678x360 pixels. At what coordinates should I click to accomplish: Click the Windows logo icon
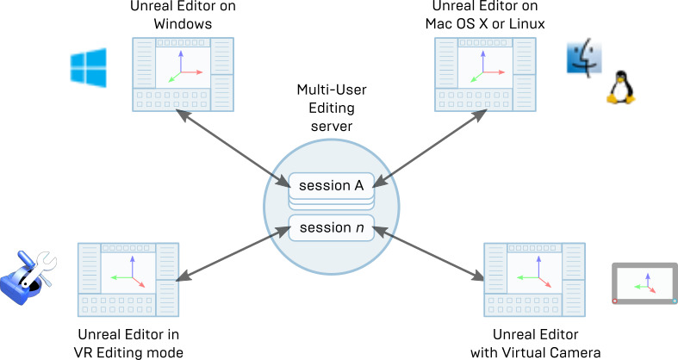coord(89,66)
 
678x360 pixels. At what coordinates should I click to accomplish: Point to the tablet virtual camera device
coord(644,283)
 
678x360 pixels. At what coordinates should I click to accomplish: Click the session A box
coord(331,184)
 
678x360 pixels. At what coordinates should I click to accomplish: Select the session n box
coord(331,228)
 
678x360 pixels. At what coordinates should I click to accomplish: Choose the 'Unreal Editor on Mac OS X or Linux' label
coord(486,16)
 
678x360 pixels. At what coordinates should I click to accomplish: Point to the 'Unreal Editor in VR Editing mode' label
coord(130,342)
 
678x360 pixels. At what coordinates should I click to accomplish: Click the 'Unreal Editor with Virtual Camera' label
coord(535,342)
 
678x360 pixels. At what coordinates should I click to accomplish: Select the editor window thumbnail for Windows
coord(183,74)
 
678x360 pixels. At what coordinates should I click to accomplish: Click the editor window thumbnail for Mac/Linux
coord(486,74)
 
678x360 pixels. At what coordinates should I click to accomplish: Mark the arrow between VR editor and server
coord(231,254)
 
